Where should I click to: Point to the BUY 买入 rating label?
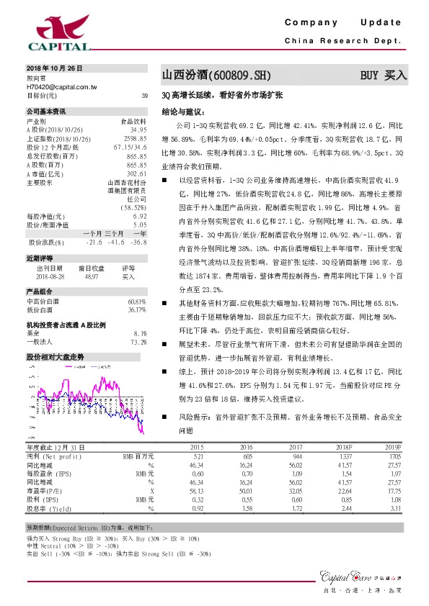384,74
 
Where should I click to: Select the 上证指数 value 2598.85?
136,138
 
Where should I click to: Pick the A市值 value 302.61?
136,173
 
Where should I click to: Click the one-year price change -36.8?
140,241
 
